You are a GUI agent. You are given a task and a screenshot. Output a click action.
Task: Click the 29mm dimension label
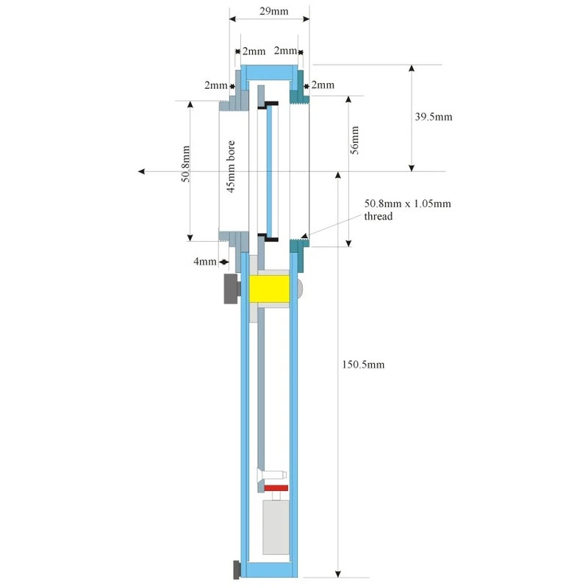tap(268, 10)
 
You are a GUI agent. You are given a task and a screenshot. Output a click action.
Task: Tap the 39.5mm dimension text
tap(434, 117)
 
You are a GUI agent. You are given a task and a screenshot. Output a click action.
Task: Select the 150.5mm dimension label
tap(363, 364)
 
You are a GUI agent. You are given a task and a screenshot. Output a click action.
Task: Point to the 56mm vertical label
tap(355, 139)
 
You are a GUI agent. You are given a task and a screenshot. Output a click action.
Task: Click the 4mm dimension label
tap(205, 261)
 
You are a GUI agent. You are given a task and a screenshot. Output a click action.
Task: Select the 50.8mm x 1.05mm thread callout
tap(407, 209)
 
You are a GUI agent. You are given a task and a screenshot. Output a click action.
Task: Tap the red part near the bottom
tap(276, 488)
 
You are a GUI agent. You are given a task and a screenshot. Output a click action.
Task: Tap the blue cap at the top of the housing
tap(270, 72)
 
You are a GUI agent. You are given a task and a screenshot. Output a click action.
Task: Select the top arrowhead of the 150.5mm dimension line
tap(338, 175)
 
